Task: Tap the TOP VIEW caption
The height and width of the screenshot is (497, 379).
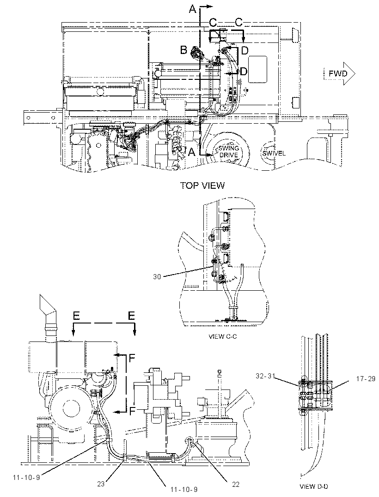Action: click(x=202, y=186)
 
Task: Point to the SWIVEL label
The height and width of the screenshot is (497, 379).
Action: click(x=274, y=153)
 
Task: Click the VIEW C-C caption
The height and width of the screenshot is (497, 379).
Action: click(x=222, y=336)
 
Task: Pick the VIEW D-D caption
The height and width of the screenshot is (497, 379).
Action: click(x=314, y=486)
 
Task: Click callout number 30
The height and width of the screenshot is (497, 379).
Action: click(x=157, y=277)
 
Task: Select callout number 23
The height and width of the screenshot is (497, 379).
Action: click(x=101, y=484)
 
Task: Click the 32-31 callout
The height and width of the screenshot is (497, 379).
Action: click(x=265, y=376)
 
